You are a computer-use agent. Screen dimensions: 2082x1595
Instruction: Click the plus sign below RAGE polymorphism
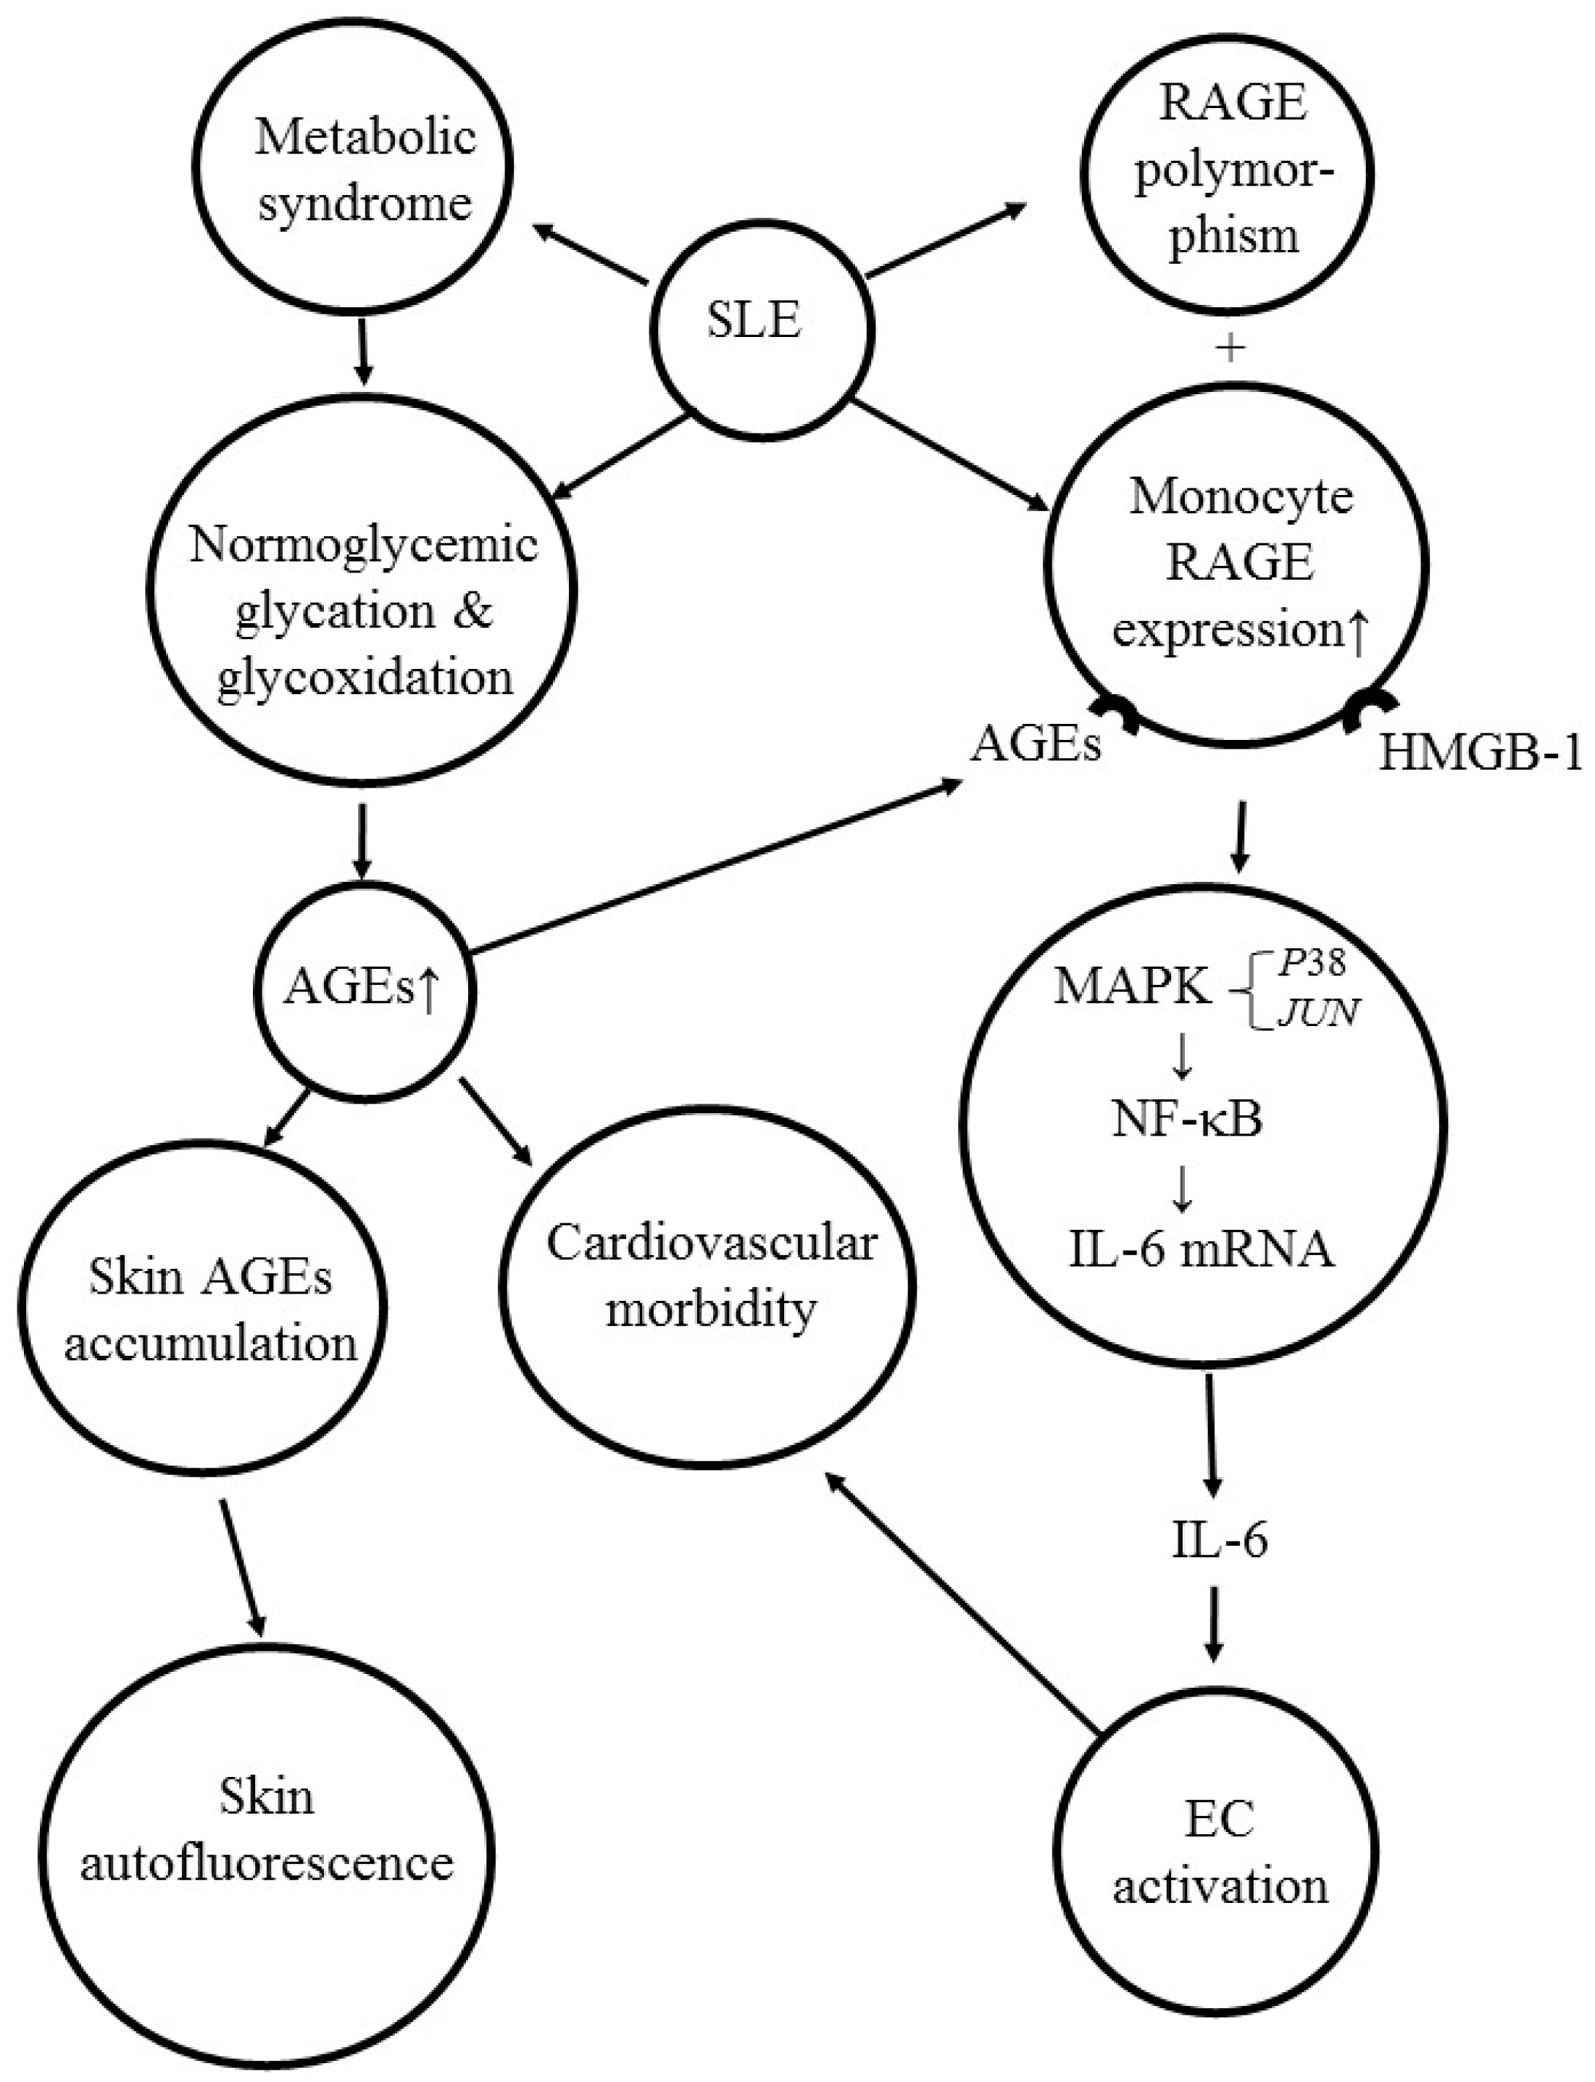(1230, 349)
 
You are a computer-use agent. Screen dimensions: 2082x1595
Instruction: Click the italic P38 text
(1311, 964)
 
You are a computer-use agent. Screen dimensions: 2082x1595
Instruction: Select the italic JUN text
(1317, 1013)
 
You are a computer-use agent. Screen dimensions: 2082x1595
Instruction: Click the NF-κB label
(1187, 1121)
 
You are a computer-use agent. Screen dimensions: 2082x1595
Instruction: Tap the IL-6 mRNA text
(1201, 1249)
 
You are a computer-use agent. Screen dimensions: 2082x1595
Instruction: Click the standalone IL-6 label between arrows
(1219, 1540)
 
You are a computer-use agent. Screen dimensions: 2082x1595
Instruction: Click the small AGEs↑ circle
(365, 990)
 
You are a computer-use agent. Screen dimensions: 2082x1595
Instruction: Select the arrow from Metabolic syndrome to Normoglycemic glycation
(362, 351)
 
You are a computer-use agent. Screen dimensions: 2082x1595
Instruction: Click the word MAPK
(1132, 987)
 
